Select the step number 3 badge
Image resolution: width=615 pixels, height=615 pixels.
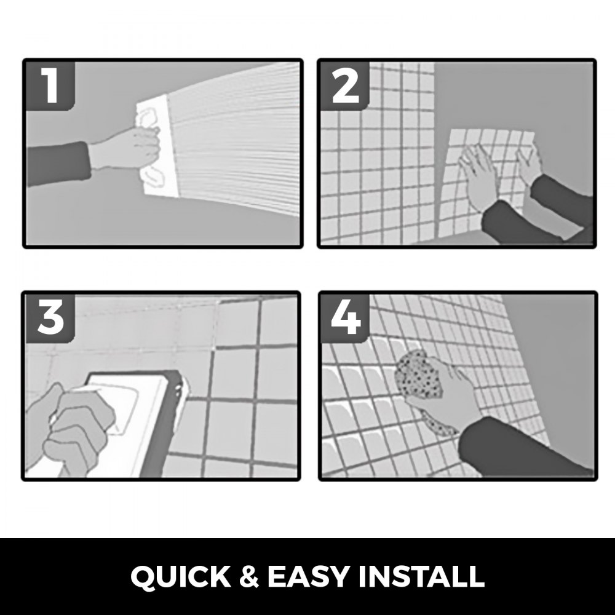point(50,319)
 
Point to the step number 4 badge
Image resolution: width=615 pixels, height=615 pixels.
point(345,319)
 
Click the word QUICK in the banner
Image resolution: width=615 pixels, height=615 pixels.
point(181,577)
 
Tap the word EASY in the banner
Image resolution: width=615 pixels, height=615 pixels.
point(308,577)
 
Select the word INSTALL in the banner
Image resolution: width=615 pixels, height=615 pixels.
point(422,577)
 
